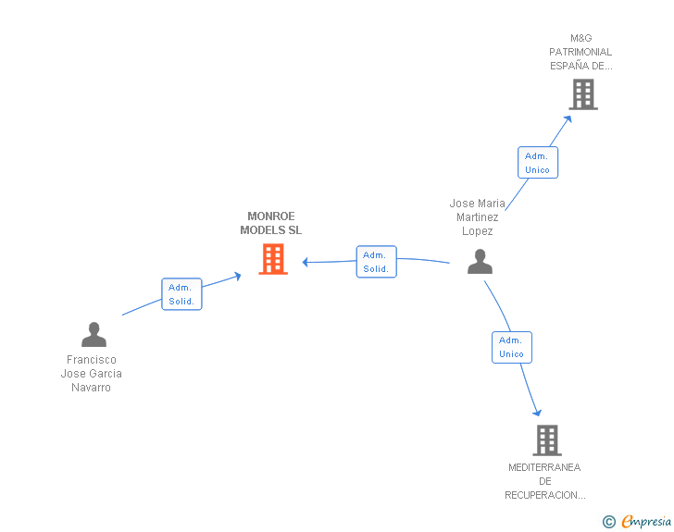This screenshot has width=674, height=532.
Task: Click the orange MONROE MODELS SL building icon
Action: coord(273,259)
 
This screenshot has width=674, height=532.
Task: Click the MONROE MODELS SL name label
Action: coord(270,223)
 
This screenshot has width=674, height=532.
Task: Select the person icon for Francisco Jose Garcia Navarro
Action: coord(94,334)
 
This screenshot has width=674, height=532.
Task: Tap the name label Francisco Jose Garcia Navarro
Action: coord(91,374)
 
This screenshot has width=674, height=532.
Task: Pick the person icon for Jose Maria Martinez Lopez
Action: coord(480,261)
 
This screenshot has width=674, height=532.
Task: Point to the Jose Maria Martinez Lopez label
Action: coord(477,217)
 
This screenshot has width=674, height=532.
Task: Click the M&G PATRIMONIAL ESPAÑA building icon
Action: coord(583,94)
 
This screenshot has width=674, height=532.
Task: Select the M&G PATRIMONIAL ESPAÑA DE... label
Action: coord(580,52)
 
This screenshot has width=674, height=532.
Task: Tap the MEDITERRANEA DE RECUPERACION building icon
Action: coord(547,440)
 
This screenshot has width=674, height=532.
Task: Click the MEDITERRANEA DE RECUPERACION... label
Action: coord(544,481)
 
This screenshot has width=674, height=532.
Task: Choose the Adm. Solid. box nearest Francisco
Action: coord(181,294)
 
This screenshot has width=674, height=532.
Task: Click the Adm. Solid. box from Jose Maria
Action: coord(376,262)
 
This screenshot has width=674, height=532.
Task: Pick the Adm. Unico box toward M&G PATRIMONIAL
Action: coord(537,163)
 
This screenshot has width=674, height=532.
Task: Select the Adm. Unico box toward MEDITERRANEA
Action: coord(511,347)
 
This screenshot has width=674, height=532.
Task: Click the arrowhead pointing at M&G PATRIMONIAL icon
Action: coord(568,119)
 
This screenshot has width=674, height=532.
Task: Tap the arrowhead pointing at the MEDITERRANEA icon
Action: coord(537,413)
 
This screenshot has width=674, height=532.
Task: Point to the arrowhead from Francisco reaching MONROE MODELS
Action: coord(237,276)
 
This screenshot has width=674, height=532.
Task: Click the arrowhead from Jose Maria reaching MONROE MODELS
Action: coord(306,262)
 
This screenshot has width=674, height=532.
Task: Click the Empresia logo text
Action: coord(646,522)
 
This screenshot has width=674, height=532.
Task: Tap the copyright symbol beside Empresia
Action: coord(608,522)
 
